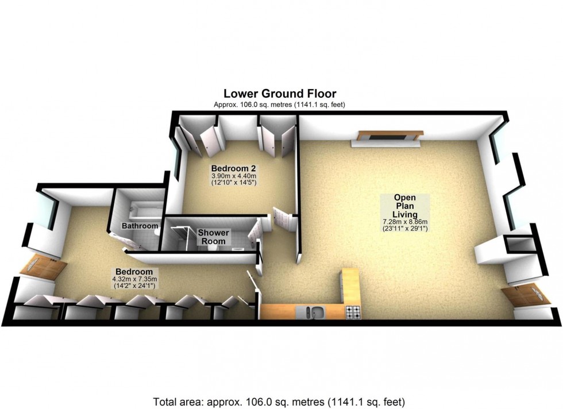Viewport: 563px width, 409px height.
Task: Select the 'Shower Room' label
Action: (x=214, y=237)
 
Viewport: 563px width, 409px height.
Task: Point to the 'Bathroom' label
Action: (x=140, y=226)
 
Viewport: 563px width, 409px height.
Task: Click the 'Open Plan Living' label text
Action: (x=404, y=206)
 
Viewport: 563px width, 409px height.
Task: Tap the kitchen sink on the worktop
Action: (x=314, y=312)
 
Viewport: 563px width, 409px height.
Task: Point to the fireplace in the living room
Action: (x=390, y=137)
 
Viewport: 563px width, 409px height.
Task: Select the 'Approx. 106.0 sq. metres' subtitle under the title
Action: (x=279, y=105)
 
